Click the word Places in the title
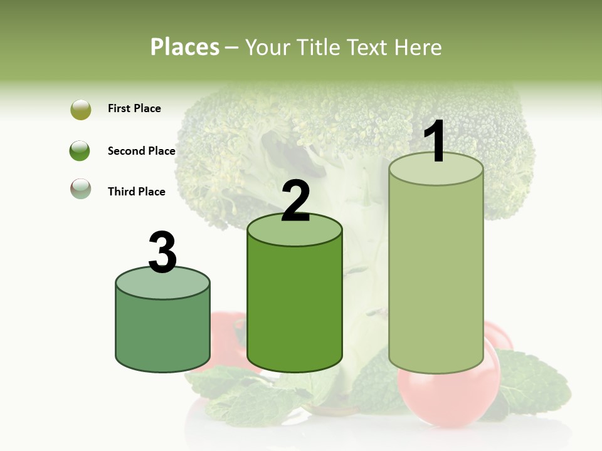185,47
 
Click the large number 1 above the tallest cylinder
435,142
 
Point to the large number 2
295,202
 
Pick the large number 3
162,253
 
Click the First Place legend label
134,108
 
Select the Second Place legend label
141,151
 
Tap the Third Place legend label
136,192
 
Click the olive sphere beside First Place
81,110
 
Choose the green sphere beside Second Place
80,151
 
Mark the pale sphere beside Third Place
81,189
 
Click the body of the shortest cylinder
162,332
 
